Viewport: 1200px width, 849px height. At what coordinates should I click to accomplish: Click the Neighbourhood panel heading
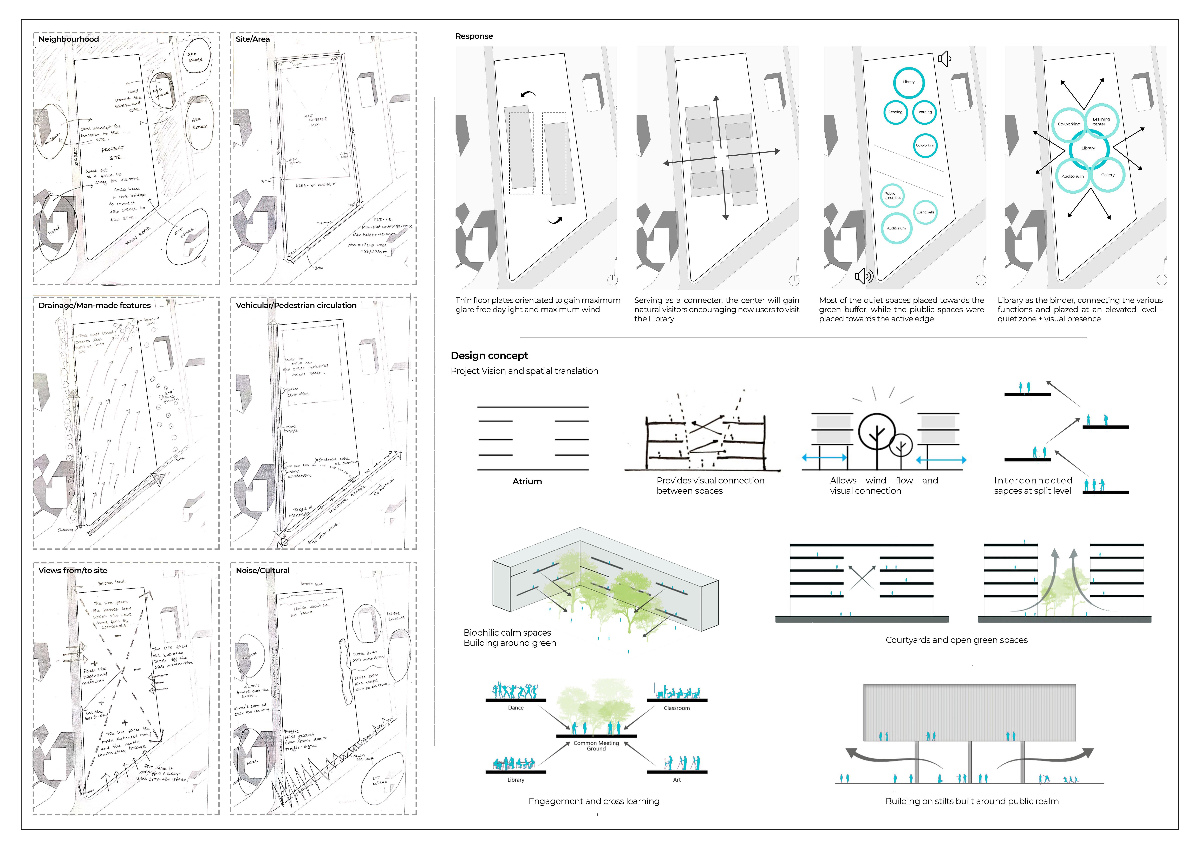click(68, 39)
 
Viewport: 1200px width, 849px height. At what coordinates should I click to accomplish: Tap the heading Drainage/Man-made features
click(95, 305)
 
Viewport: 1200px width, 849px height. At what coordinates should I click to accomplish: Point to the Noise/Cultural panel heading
click(262, 571)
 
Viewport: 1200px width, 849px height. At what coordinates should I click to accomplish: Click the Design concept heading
click(489, 356)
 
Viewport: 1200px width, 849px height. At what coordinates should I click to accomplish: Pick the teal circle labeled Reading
click(895, 112)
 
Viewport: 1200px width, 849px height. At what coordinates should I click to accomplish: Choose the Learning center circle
click(1101, 121)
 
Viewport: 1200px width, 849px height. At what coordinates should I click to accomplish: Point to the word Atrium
click(527, 481)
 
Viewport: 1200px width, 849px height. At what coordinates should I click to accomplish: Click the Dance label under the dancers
click(516, 708)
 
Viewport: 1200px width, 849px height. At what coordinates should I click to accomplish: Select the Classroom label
click(677, 708)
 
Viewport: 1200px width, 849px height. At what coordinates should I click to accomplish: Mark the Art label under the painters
click(677, 780)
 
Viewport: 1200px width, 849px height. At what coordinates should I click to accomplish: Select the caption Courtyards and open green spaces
click(956, 640)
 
